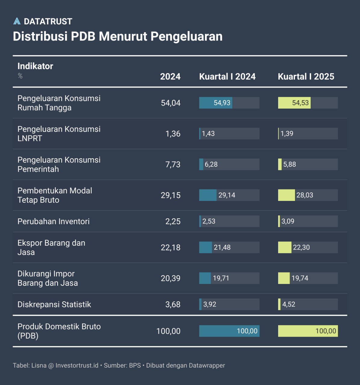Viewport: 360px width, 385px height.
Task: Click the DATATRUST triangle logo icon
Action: (x=17, y=21)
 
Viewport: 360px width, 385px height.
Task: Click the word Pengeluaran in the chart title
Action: (x=186, y=36)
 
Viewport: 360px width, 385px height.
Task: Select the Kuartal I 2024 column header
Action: (x=227, y=76)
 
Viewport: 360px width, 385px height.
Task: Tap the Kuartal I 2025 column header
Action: (x=306, y=76)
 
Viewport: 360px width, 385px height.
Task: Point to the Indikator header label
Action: (x=35, y=66)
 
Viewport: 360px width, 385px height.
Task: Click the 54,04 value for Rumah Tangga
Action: (x=171, y=103)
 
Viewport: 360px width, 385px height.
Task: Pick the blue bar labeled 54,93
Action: (x=216, y=103)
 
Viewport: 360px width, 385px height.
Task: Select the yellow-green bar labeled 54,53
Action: (x=294, y=103)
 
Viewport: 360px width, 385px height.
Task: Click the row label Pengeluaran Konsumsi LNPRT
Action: (x=59, y=134)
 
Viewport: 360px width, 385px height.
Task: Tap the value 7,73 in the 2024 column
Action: (x=173, y=165)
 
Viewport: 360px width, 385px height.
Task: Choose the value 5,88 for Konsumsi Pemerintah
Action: (x=290, y=165)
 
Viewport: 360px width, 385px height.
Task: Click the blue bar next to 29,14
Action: (x=208, y=195)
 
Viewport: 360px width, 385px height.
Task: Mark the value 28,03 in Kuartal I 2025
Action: (x=305, y=195)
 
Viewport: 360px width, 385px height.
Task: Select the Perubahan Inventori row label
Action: (x=54, y=221)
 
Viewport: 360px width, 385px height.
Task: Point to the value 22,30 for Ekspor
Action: (x=301, y=248)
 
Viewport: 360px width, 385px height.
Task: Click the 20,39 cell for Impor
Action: (x=171, y=278)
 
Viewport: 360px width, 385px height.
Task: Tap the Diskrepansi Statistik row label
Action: (x=54, y=304)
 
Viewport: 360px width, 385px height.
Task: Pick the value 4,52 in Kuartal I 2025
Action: (x=289, y=304)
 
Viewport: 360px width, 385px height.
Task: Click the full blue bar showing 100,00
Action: (x=229, y=331)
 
